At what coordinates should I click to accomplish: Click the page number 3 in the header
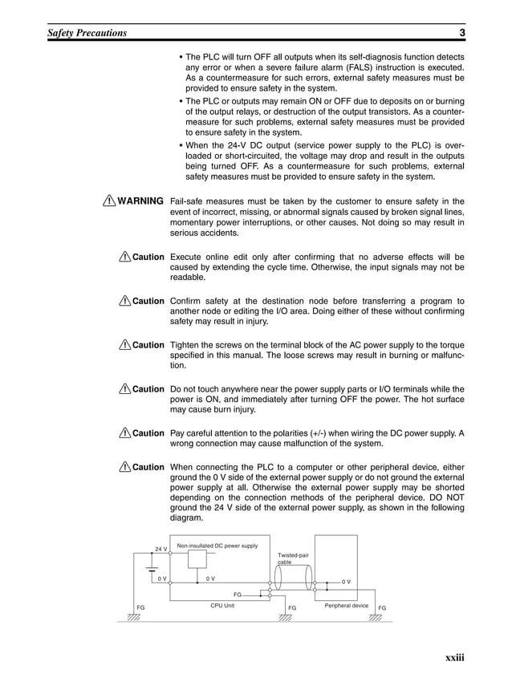point(464,33)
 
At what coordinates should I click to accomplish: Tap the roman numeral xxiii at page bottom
point(454,659)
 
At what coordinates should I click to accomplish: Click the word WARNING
point(141,200)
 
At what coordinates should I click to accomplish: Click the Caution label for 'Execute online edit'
point(148,257)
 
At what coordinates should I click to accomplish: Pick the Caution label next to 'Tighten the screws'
point(148,345)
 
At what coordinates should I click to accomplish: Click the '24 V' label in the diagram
point(161,549)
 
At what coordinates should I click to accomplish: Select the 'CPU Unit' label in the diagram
point(222,606)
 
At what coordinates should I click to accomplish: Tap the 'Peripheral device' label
point(346,606)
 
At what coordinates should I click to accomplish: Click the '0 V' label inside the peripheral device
point(347,580)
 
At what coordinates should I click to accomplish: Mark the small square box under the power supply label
point(197,560)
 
